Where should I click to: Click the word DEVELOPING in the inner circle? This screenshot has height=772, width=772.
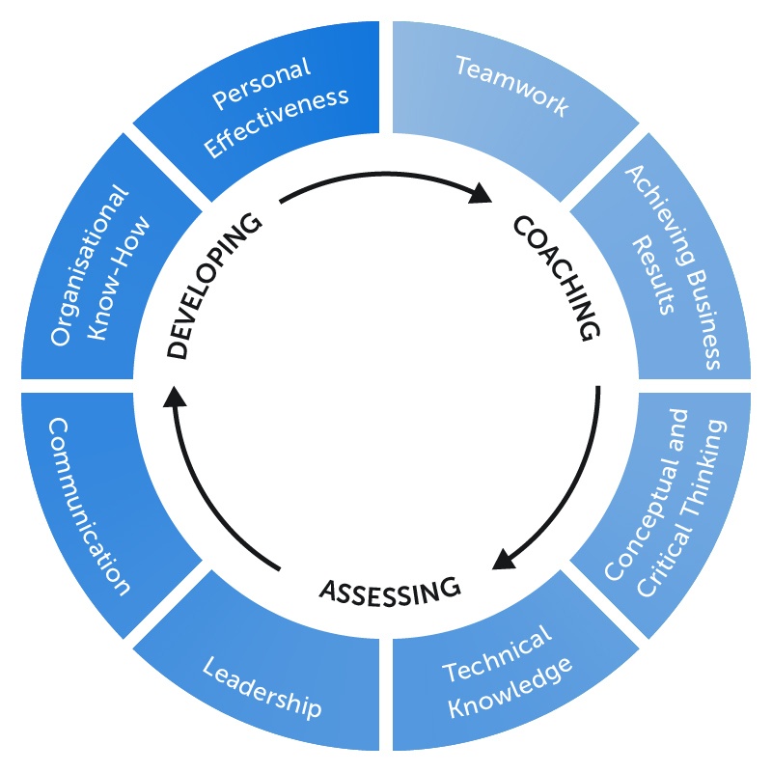[214, 287]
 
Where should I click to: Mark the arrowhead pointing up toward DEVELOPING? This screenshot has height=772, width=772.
[174, 397]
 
